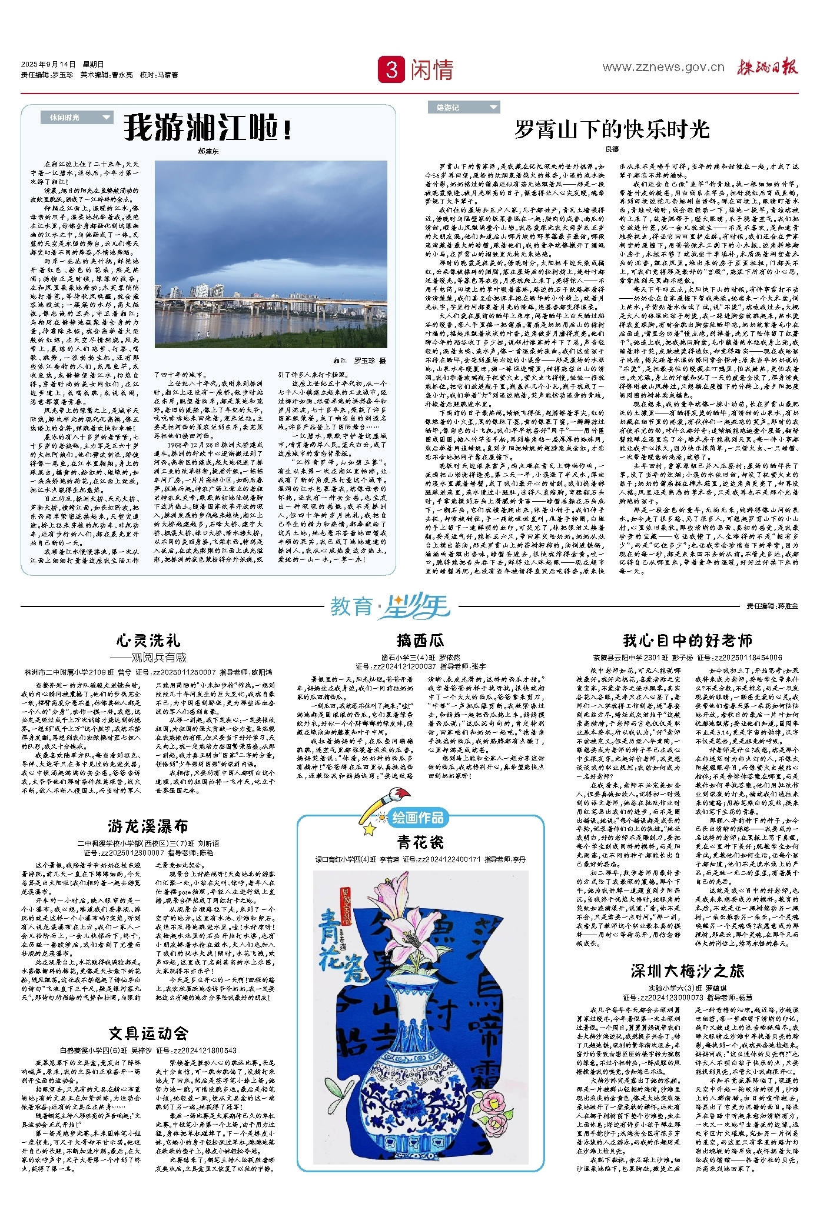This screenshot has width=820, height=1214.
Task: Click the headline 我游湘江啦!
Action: pyautogui.click(x=207, y=127)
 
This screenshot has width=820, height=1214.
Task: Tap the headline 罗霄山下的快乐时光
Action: pyautogui.click(x=612, y=129)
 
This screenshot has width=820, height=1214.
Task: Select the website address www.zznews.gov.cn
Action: pyautogui.click(x=663, y=67)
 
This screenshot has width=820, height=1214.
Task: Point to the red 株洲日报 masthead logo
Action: pyautogui.click(x=768, y=67)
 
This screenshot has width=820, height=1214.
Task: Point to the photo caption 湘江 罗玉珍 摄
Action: pyautogui.click(x=359, y=361)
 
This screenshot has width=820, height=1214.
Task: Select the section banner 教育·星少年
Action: pyautogui.click(x=390, y=606)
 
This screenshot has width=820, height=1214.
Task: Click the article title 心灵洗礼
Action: pyautogui.click(x=148, y=641)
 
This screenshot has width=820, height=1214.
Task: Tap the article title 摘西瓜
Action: pyautogui.click(x=420, y=640)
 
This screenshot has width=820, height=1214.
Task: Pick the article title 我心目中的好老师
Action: pyautogui.click(x=688, y=640)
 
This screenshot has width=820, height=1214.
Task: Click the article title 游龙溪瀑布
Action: pyautogui.click(x=148, y=826)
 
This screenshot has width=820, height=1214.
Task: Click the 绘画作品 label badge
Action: pyautogui.click(x=417, y=817)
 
